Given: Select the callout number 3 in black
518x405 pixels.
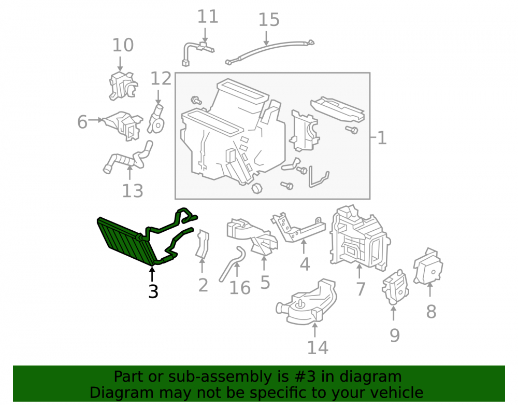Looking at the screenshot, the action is coord(153,291).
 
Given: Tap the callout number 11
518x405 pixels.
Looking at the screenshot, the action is coord(208,17).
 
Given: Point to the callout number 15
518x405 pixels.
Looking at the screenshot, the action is coord(268,20).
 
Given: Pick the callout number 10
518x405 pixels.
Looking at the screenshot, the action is coord(123,45).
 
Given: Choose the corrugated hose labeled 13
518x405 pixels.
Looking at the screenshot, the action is coord(127,158).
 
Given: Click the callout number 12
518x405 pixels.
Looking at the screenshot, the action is coord(161,79).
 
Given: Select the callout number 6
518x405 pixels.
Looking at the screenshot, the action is coord(82,122).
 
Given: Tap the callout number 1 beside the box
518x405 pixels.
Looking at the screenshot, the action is coord(382,138).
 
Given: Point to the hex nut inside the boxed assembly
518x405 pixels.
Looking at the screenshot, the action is coord(257,188).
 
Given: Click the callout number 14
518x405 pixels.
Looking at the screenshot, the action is coord(318,347).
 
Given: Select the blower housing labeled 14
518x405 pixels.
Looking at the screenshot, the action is coord(307,302).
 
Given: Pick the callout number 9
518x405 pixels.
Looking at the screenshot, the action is coord(395,335).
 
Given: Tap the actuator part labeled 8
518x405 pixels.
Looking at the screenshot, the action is coord(428,266).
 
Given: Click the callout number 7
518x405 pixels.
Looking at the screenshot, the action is coord(361,289).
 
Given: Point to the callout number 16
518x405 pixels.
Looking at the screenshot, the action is coord(239,288).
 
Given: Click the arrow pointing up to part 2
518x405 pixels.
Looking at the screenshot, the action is coord(202,266).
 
